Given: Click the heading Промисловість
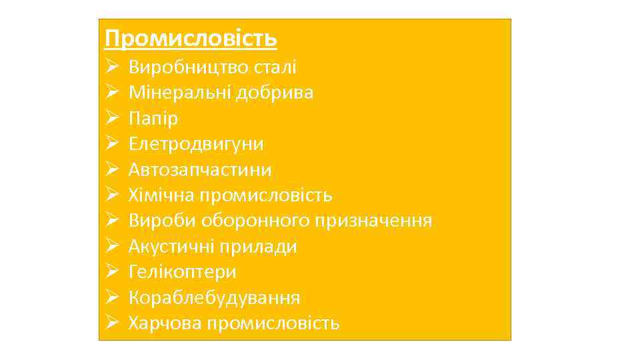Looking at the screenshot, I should click(x=191, y=39).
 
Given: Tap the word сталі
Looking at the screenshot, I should click(x=275, y=67).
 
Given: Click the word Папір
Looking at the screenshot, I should click(x=153, y=118).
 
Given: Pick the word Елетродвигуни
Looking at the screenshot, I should click(x=196, y=144).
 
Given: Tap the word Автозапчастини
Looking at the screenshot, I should click(x=200, y=169).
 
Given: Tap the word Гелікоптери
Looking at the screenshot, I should click(x=182, y=272).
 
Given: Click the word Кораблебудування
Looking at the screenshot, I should click(x=214, y=297).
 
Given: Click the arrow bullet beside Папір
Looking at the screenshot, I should click(x=112, y=119).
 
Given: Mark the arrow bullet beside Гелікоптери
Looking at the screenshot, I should click(x=112, y=273).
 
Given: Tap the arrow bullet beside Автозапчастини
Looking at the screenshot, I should click(x=112, y=170).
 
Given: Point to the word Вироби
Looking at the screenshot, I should click(x=157, y=221).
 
